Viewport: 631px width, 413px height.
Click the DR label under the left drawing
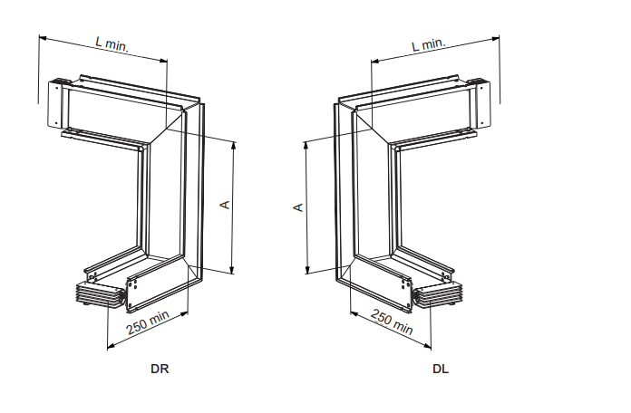(160, 369)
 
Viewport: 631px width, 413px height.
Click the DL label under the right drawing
(441, 369)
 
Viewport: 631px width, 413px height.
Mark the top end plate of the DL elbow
(481, 103)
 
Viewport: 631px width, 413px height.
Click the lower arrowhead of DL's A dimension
(308, 269)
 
